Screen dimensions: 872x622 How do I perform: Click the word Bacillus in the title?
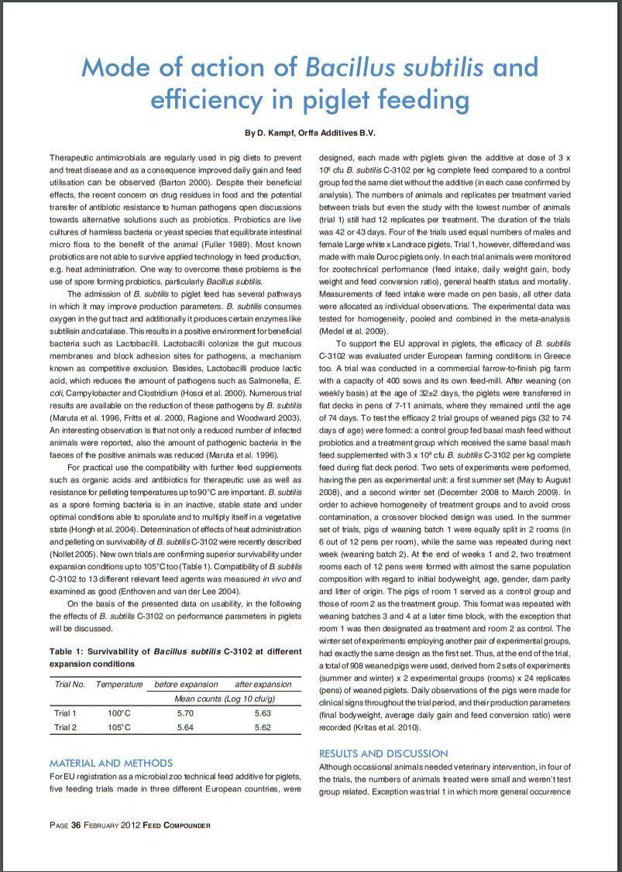(x=346, y=67)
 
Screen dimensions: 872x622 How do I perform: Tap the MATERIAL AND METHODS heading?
(x=111, y=763)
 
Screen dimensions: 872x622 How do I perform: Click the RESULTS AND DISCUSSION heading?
(x=383, y=753)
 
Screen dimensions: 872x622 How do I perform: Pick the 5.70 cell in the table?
(x=185, y=713)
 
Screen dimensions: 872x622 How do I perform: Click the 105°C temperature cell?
(x=119, y=727)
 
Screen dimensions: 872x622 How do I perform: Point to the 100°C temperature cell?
(x=119, y=713)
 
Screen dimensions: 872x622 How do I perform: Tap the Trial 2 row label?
(x=65, y=727)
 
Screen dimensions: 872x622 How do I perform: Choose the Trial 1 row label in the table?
(x=65, y=713)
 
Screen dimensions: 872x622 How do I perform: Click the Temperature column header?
(x=119, y=685)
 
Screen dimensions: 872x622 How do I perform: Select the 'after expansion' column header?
(x=263, y=685)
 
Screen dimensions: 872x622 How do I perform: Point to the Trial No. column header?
(x=70, y=685)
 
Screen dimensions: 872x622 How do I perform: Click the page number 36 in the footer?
(x=76, y=825)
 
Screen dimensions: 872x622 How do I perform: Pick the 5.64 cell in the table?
(x=185, y=727)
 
